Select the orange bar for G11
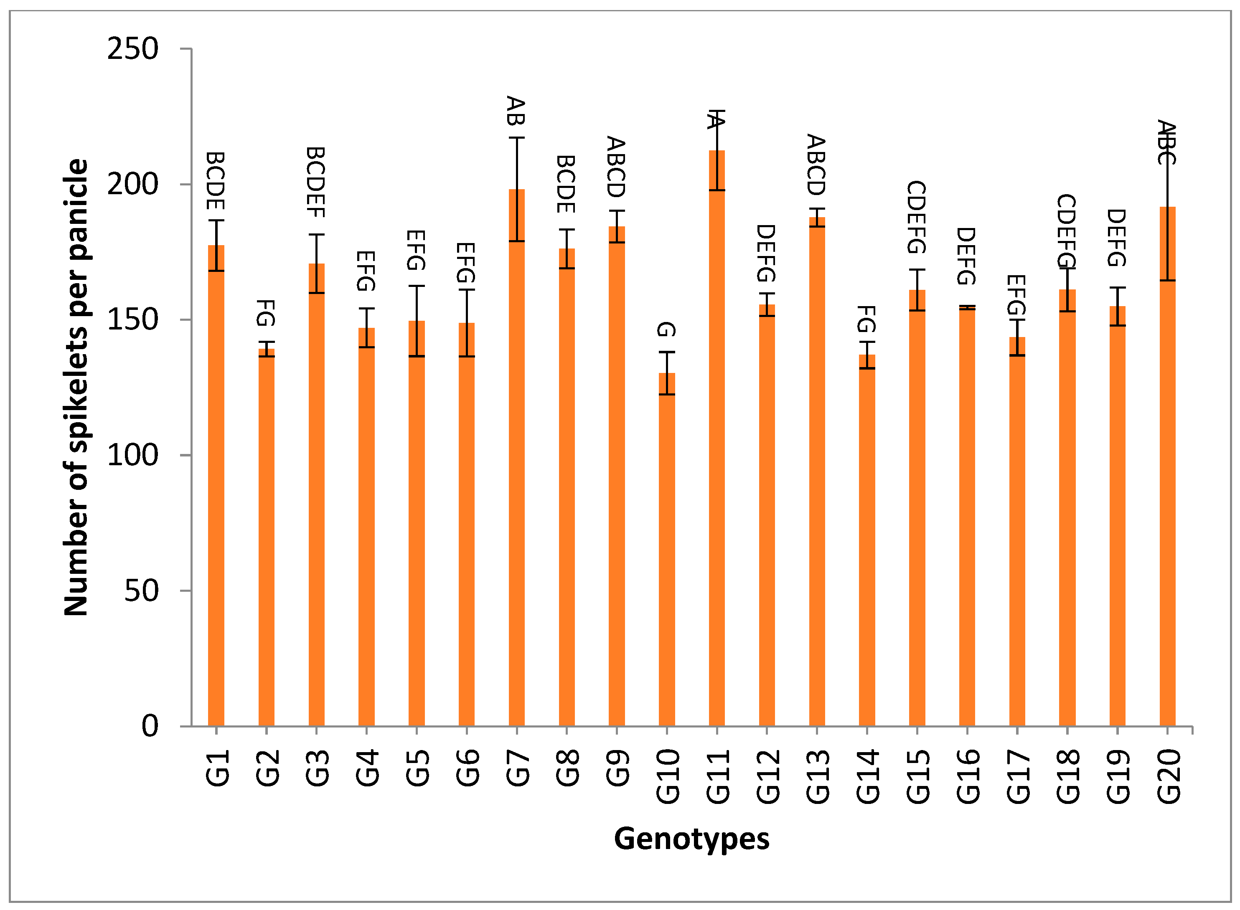717,441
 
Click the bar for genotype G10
667,551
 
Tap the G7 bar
516,457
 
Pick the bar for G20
1167,468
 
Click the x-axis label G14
867,777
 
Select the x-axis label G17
1017,777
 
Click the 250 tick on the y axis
132,49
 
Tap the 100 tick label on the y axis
132,455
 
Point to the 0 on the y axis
150,726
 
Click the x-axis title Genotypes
691,839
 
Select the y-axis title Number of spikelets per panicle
76,387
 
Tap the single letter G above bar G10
666,330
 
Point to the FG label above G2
266,313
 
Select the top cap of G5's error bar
417,286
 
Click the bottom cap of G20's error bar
1167,280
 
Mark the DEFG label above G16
966,256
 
